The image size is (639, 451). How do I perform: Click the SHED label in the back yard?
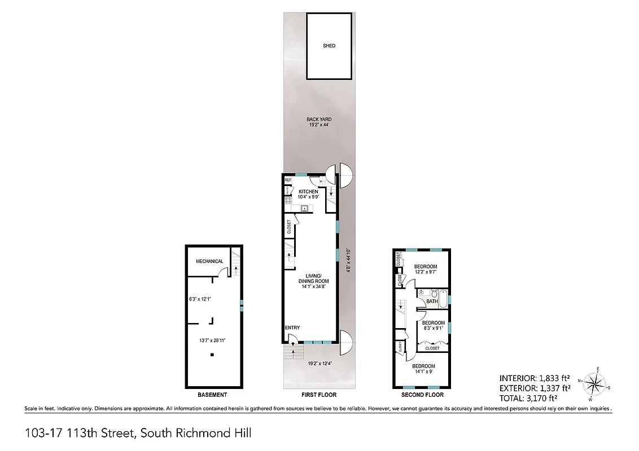click(329, 46)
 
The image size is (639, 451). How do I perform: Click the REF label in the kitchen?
click(287, 180)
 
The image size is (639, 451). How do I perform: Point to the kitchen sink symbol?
click(304, 209)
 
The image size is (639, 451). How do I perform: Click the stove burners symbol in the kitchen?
click(287, 199)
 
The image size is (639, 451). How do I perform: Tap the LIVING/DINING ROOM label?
click(313, 278)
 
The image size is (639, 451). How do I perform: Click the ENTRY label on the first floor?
click(292, 328)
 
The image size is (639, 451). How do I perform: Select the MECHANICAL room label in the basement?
click(209, 261)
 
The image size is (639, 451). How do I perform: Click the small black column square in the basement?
click(212, 355)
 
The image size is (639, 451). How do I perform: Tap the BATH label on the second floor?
click(432, 302)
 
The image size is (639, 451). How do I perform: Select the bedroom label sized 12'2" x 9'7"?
click(426, 269)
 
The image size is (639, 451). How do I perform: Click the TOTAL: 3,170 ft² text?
click(534, 397)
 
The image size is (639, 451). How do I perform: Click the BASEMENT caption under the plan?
click(213, 395)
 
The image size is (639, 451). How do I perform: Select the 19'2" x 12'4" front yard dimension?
click(319, 364)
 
